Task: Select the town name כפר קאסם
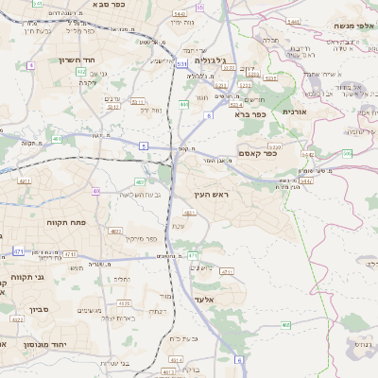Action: click(x=258, y=153)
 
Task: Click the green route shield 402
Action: click(x=81, y=71)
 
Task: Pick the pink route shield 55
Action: click(x=199, y=7)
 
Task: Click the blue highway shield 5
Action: click(x=144, y=145)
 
